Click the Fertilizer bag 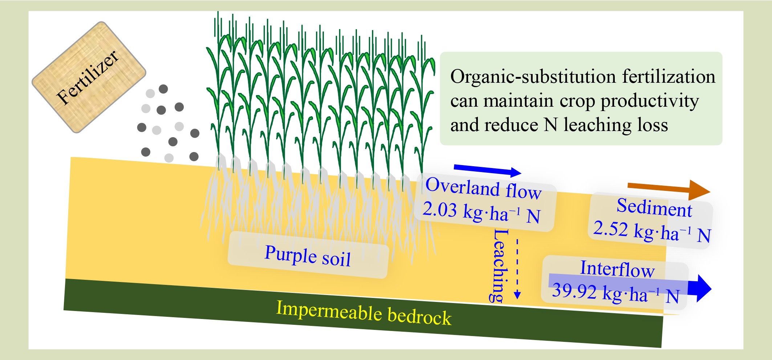click(89, 77)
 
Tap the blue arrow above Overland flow click(488, 170)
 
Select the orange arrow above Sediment click(669, 189)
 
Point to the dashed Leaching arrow click(517, 269)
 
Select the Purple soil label click(308, 255)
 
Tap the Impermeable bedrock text click(364, 313)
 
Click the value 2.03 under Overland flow click(439, 209)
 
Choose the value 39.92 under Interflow click(574, 291)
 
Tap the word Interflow click(617, 269)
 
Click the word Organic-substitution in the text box click(533, 77)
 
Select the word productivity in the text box click(650, 101)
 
